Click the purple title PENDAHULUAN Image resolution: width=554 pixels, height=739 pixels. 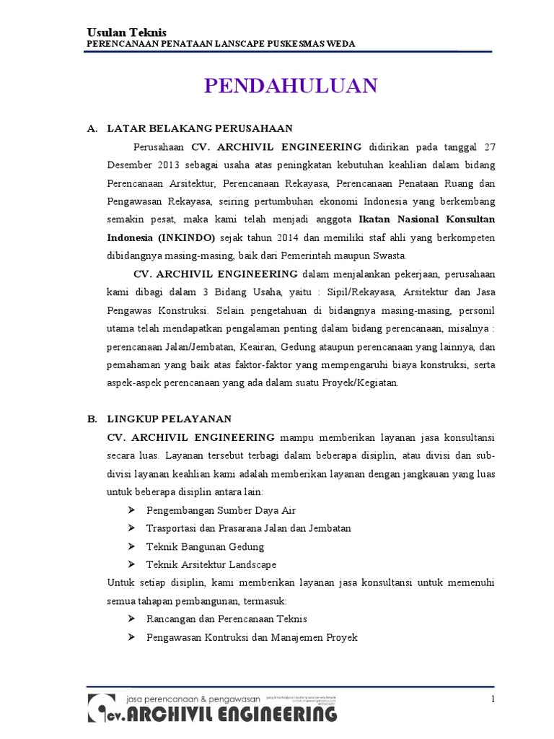291,86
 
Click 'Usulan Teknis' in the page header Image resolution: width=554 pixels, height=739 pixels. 126,33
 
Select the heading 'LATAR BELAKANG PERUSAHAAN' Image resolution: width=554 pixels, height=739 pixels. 200,128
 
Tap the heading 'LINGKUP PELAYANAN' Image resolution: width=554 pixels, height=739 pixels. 169,419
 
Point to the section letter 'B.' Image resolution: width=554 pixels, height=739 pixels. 92,419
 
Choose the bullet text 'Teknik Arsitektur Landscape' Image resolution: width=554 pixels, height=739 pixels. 211,564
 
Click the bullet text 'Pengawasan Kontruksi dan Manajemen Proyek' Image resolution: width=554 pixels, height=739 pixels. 252,637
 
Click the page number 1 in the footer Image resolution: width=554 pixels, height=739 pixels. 492,699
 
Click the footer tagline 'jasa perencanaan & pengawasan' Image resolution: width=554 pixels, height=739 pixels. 192,699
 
